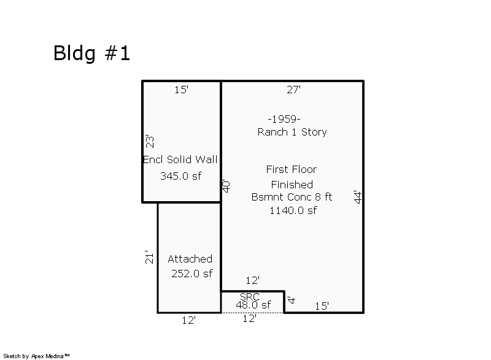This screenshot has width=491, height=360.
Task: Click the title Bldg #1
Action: (x=91, y=53)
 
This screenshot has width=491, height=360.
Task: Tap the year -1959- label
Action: (x=284, y=119)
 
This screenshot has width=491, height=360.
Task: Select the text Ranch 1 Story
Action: (x=292, y=132)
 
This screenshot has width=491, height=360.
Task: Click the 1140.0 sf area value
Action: (x=293, y=210)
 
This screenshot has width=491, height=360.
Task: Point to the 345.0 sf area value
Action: (x=180, y=176)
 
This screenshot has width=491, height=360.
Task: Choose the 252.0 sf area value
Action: (x=191, y=274)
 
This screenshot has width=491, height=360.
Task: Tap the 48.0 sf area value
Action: (x=253, y=305)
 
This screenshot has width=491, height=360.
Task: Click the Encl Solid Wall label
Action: (x=180, y=159)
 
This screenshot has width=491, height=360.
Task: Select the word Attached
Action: (x=190, y=259)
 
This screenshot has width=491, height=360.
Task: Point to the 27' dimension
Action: (x=293, y=90)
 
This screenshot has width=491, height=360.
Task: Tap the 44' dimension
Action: (x=358, y=197)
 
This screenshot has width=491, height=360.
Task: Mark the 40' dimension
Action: (x=226, y=186)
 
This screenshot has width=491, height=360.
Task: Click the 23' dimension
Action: (x=149, y=141)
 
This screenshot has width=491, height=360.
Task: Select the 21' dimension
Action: (x=147, y=256)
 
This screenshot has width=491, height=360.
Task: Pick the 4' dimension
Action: (x=292, y=301)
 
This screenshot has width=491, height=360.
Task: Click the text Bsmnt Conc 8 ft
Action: (x=292, y=197)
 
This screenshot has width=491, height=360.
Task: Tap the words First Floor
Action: (x=291, y=169)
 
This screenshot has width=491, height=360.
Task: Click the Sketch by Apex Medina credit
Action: (x=36, y=356)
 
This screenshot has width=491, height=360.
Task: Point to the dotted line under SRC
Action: (x=252, y=313)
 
